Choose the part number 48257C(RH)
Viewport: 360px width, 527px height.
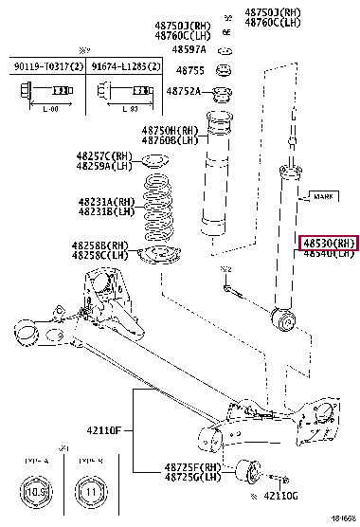pyautogui.click(x=104, y=154)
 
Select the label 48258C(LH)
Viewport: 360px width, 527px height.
pyautogui.click(x=101, y=256)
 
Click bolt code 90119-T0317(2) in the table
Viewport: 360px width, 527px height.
pyautogui.click(x=44, y=65)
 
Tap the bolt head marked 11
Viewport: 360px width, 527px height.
pyautogui.click(x=91, y=493)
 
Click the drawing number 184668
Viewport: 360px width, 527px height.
pyautogui.click(x=343, y=520)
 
